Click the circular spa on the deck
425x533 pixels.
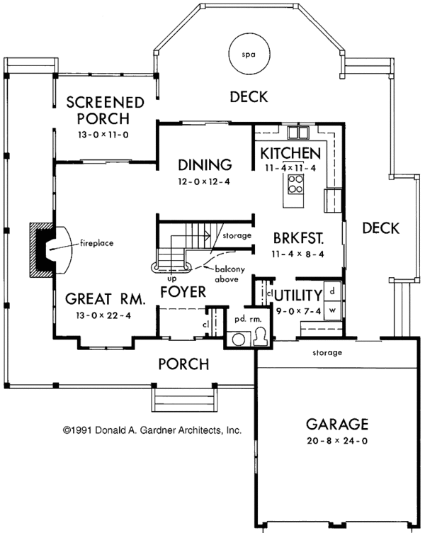click(247, 55)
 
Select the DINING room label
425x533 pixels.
click(205, 165)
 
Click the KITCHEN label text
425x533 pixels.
click(290, 153)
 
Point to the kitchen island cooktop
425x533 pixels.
click(295, 186)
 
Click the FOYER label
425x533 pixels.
click(183, 291)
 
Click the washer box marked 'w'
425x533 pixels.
click(332, 311)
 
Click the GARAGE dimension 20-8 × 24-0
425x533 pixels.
click(336, 440)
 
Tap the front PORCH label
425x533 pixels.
click(183, 364)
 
